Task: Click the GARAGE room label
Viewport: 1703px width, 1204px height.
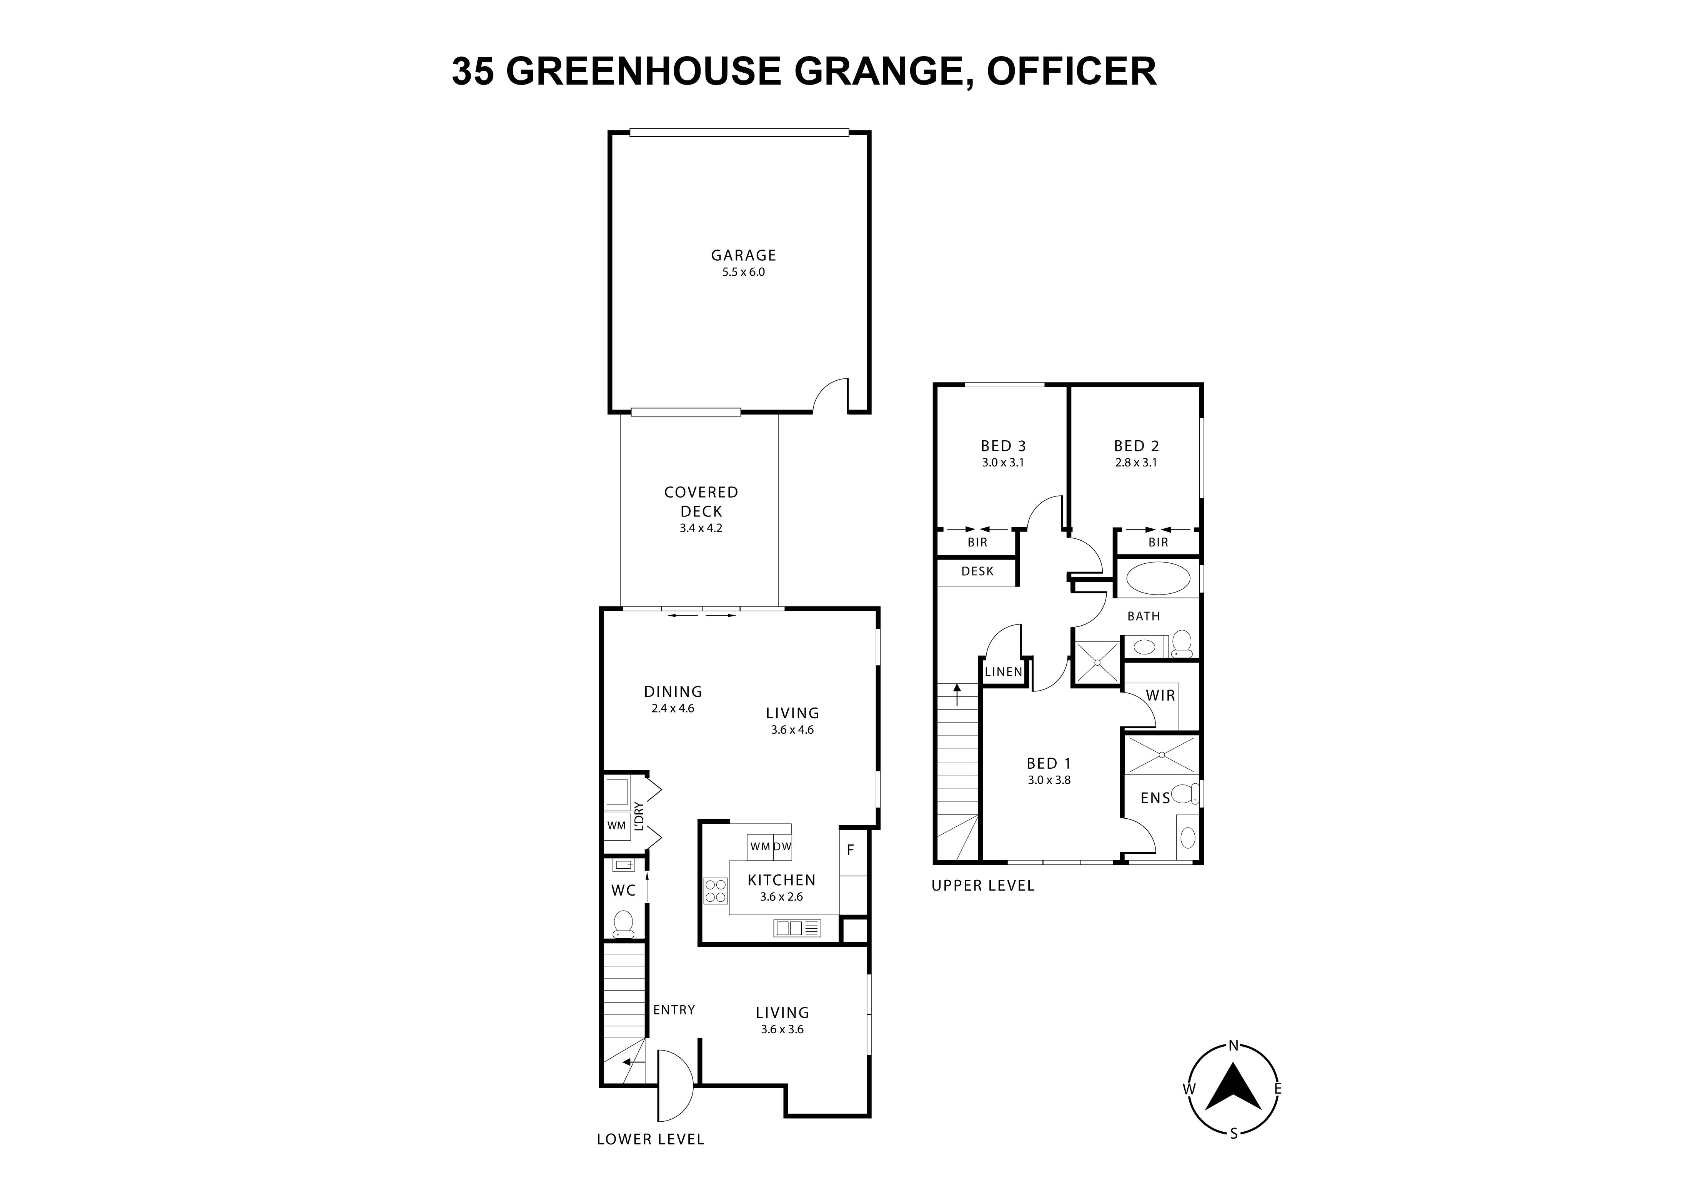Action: point(743,255)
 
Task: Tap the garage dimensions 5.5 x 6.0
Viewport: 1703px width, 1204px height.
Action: point(743,272)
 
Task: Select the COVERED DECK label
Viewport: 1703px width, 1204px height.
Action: point(701,501)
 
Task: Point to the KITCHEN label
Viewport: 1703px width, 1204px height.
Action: point(781,880)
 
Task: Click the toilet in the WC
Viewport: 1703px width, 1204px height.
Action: point(623,924)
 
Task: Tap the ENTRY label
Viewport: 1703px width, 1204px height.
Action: point(674,1010)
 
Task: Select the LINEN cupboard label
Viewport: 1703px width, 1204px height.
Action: point(1004,672)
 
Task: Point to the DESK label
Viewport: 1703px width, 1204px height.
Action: point(977,571)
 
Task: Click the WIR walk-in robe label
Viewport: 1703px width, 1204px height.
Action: point(1160,695)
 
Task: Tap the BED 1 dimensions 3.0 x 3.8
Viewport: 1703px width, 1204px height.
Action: point(1049,780)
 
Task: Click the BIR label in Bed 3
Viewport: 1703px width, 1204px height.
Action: point(977,542)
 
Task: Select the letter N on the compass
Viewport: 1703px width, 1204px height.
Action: point(1234,1046)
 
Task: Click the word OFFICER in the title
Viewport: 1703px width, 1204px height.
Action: point(1071,71)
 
